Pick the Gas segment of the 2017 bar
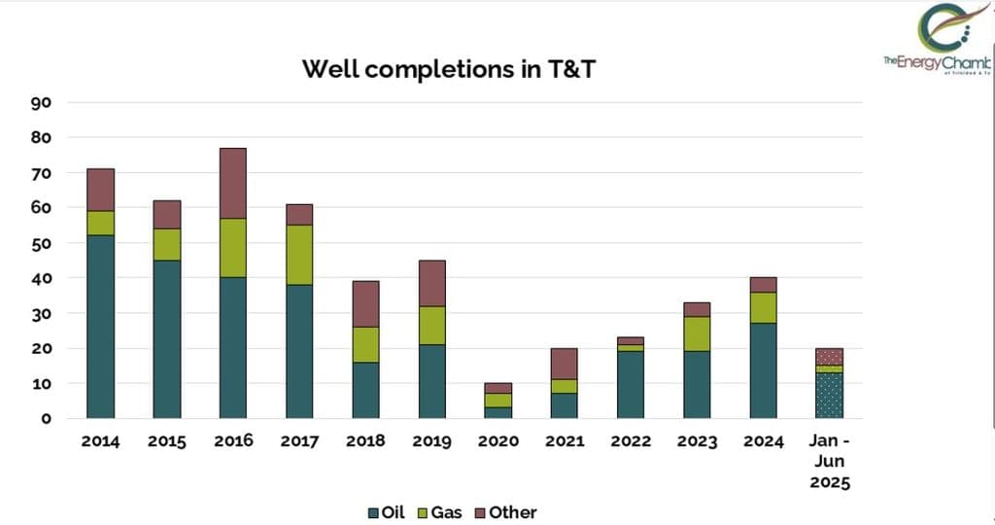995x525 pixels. point(299,254)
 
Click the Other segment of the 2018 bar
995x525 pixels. point(366,304)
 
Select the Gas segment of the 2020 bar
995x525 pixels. point(497,401)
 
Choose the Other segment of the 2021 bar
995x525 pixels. point(565,364)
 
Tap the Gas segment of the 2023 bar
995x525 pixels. point(697,333)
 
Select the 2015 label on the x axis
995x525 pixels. point(167,441)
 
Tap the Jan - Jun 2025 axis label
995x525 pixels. point(830,461)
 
